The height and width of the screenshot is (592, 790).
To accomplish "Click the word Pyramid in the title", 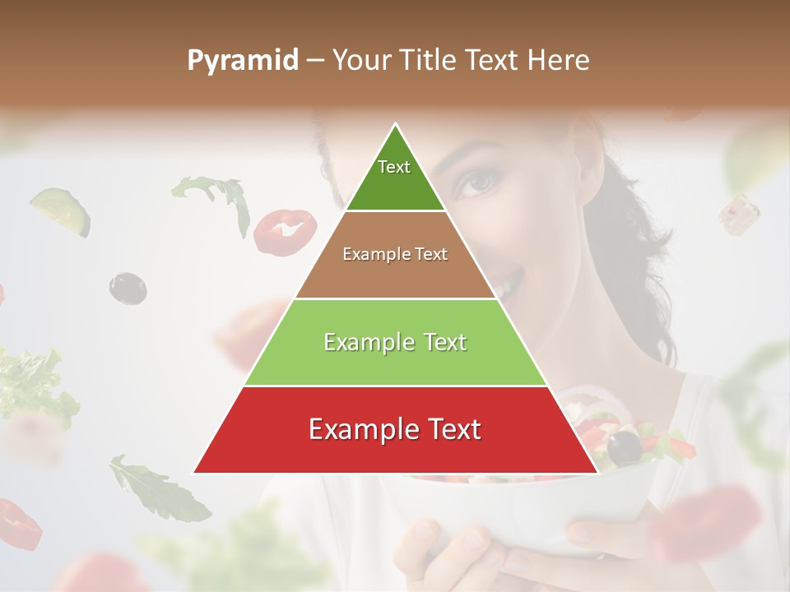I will pos(243,61).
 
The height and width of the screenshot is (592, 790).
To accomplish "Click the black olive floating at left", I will pos(128,288).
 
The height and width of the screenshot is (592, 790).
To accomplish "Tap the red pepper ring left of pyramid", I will pos(285,231).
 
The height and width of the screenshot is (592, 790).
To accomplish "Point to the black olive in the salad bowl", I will pos(625,447).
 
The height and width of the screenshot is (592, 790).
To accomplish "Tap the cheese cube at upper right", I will pos(738,214).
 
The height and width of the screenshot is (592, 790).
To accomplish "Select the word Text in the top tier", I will pos(394,167).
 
